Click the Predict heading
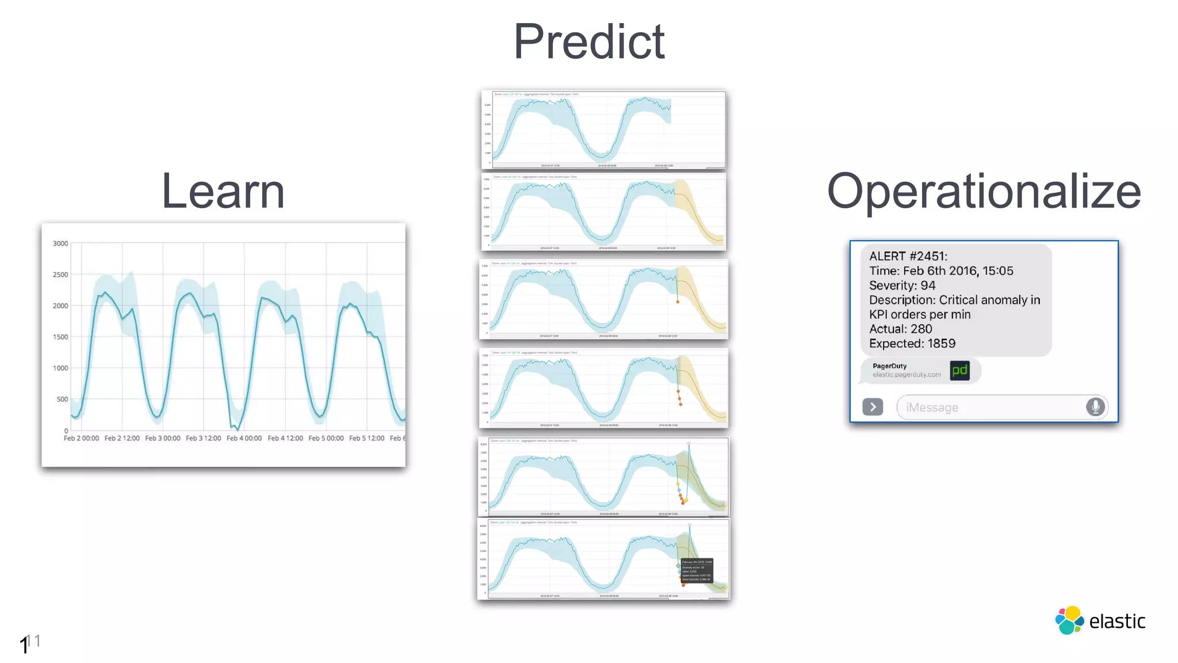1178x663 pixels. [589, 41]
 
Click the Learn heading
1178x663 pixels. [223, 191]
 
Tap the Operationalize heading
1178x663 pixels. [984, 192]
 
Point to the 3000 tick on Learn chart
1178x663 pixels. [60, 243]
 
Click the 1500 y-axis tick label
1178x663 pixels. [60, 337]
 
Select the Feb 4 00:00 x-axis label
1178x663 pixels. [244, 438]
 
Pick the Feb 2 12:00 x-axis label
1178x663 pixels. [122, 438]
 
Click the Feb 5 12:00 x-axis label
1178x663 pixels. [366, 438]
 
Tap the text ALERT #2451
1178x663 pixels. [908, 256]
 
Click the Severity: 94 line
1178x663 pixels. [902, 285]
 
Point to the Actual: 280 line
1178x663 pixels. [900, 329]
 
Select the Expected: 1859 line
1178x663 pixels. [912, 344]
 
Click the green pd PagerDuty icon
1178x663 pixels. [959, 370]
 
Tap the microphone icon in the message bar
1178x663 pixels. [1095, 407]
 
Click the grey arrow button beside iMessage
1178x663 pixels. [873, 407]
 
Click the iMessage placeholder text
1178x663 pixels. [932, 407]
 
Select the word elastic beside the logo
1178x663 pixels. [1117, 622]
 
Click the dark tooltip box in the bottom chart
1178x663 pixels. [697, 570]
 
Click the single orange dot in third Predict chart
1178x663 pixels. [678, 302]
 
